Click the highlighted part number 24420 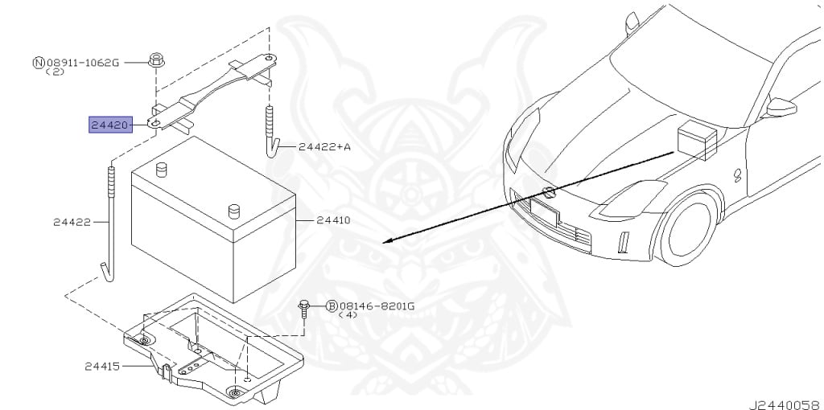point(110,125)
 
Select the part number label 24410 point(332,219)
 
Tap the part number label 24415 point(101,367)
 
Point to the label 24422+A point(324,146)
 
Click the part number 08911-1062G point(82,62)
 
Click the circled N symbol point(38,62)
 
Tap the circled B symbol point(331,305)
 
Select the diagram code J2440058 point(787,400)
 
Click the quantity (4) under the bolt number point(348,315)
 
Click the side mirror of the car point(780,107)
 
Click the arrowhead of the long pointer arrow point(386,240)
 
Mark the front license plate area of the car point(544,213)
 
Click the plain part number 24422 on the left point(71,222)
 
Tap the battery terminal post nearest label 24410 point(235,211)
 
